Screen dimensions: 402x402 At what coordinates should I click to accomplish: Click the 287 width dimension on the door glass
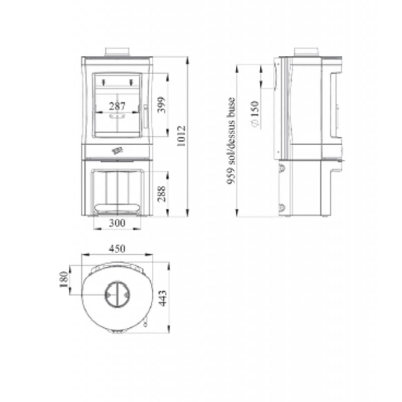coord(117,106)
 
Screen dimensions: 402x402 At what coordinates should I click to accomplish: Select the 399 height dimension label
coord(161,105)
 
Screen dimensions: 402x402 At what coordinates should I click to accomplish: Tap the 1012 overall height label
coord(182,135)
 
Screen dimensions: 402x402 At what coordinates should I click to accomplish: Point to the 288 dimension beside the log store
coord(161,193)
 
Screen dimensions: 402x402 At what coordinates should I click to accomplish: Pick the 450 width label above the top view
coord(117,249)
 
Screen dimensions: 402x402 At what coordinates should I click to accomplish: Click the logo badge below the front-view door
coord(117,150)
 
